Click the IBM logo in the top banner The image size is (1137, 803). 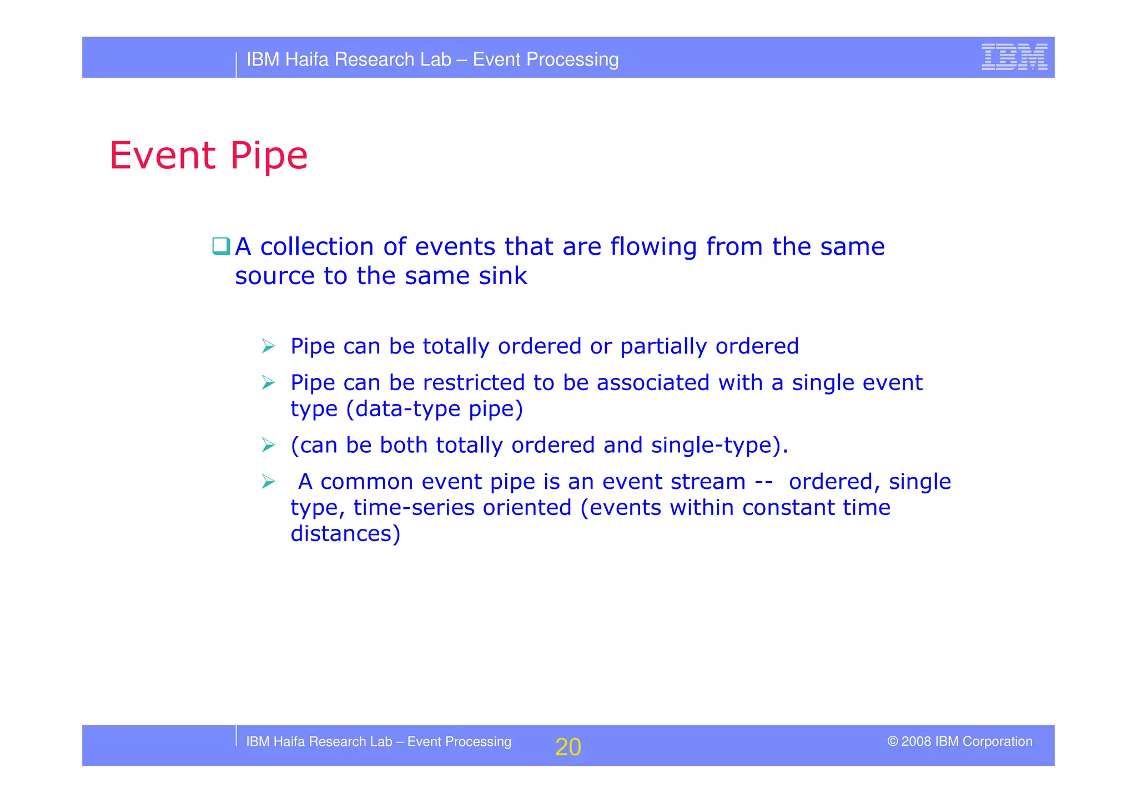point(1014,57)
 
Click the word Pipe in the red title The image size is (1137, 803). point(269,156)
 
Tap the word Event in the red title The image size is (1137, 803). point(162,155)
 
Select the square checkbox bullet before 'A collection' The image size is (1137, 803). point(221,246)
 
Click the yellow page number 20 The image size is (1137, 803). point(568,747)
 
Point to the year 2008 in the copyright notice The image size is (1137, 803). point(916,741)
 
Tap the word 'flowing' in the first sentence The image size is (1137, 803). point(653,248)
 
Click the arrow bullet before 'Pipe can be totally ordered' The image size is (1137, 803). point(269,346)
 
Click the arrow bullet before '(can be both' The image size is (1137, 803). point(269,445)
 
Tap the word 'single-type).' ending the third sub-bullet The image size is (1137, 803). point(720,446)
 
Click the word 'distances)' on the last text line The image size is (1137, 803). point(345,534)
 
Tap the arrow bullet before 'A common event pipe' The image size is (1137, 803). point(269,482)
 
